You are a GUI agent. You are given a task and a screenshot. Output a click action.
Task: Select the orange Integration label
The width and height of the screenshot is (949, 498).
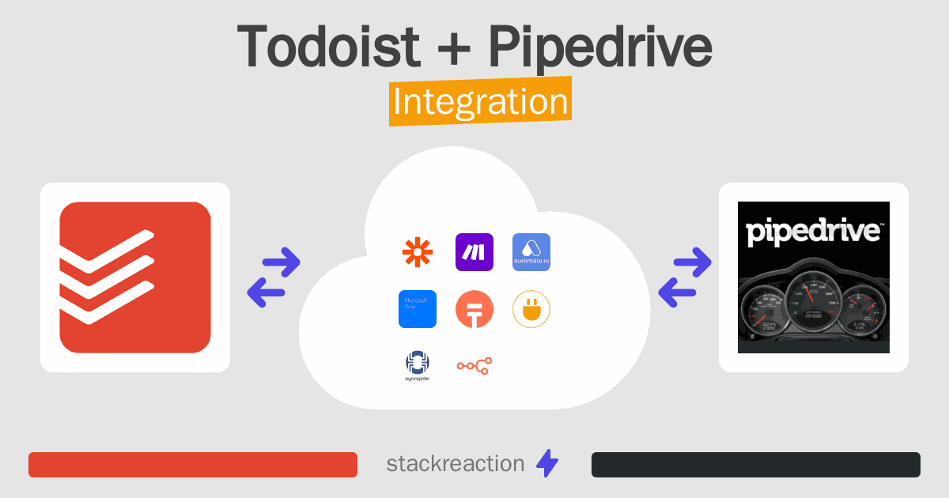click(x=480, y=104)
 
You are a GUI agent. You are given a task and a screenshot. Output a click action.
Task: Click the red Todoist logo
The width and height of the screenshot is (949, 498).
click(x=135, y=277)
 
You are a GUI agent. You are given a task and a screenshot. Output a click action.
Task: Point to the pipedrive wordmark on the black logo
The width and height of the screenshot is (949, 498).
click(x=814, y=232)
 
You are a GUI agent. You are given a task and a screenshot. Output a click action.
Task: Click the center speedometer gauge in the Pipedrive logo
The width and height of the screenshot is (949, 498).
click(x=814, y=305)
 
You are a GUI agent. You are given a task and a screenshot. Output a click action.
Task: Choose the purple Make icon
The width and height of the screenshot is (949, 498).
click(x=475, y=252)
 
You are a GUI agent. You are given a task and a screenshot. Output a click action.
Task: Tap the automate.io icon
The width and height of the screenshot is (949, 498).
click(x=531, y=252)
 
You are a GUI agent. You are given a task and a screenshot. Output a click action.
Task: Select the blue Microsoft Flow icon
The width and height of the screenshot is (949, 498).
click(x=418, y=309)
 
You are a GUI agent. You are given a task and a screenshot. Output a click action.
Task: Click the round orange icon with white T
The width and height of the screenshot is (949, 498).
click(x=475, y=309)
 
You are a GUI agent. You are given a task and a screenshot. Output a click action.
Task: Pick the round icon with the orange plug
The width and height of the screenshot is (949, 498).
click(x=531, y=309)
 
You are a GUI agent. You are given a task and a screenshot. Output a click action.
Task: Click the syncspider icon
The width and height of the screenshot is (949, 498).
click(x=418, y=365)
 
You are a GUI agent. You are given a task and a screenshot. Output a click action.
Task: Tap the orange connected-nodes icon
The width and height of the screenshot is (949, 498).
click(x=475, y=365)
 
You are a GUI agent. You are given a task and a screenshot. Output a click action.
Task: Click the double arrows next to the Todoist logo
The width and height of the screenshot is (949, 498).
click(x=274, y=277)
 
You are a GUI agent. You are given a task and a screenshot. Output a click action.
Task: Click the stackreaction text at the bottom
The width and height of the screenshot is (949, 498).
click(x=455, y=464)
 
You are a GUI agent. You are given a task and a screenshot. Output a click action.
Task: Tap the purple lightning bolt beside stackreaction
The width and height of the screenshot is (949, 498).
click(x=547, y=464)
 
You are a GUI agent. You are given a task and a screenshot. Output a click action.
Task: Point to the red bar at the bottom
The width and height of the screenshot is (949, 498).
click(x=193, y=465)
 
